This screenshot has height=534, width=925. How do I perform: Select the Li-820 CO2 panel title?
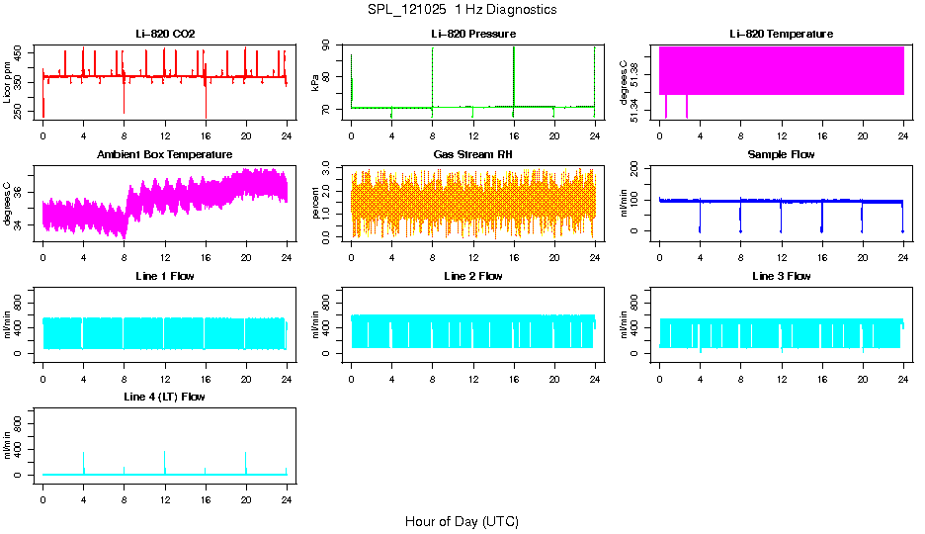click(x=165, y=34)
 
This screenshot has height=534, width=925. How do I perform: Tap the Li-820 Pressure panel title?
click(x=473, y=34)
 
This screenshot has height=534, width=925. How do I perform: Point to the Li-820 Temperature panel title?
click(x=781, y=34)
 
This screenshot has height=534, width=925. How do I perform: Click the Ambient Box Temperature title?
click(x=165, y=154)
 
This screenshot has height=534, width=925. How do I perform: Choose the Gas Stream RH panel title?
click(x=473, y=154)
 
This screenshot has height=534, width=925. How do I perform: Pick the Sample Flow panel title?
click(x=781, y=154)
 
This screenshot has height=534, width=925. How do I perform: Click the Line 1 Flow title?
click(x=165, y=276)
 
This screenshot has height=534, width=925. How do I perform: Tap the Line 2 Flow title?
click(x=473, y=276)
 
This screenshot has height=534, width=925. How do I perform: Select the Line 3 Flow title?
click(x=781, y=276)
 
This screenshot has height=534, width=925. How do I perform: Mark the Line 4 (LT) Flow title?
click(x=165, y=397)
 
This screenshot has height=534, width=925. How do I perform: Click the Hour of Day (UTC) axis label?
click(x=462, y=521)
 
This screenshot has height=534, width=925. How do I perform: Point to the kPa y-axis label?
click(x=316, y=83)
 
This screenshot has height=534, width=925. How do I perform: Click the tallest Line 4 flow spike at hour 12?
click(x=165, y=453)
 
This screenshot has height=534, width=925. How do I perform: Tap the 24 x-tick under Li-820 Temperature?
click(x=903, y=135)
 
